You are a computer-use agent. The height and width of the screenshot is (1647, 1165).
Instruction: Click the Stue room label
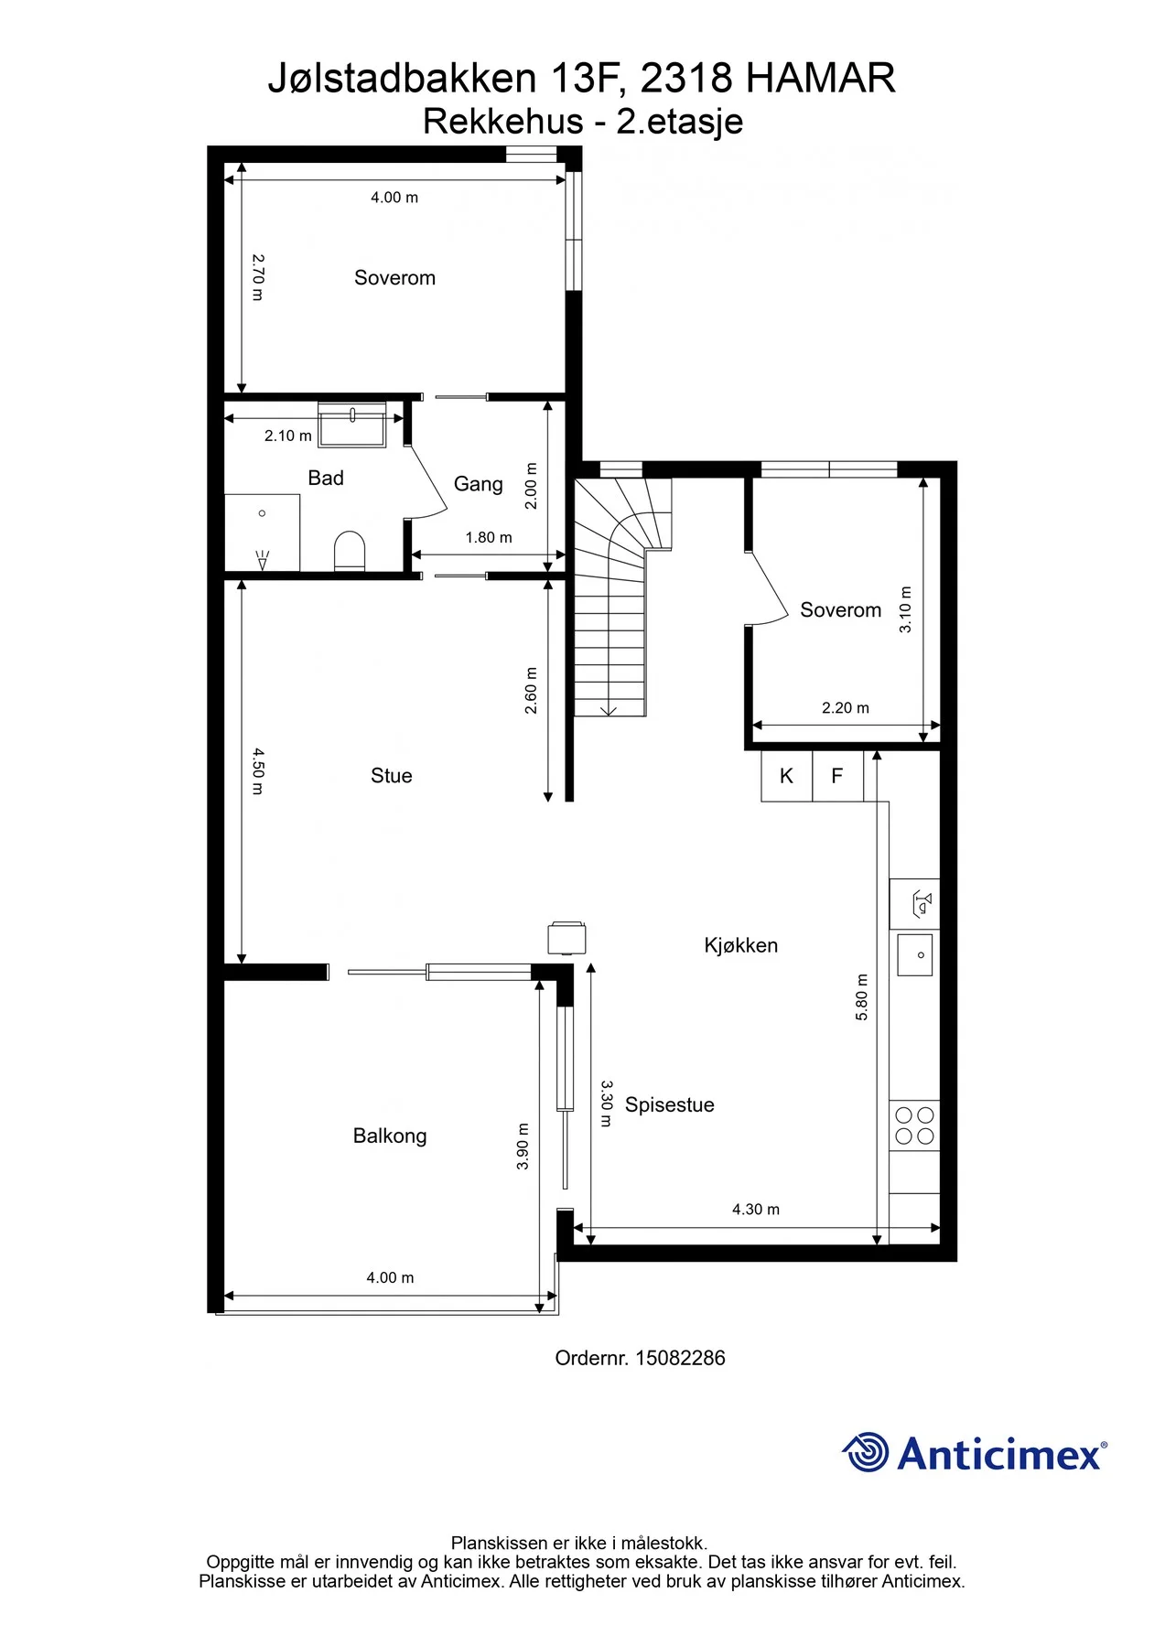(x=391, y=776)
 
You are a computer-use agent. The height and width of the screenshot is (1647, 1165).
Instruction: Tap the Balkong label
(x=390, y=1136)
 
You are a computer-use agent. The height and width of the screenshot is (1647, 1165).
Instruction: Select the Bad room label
(x=326, y=478)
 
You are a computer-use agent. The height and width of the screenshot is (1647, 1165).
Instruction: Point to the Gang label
(x=479, y=484)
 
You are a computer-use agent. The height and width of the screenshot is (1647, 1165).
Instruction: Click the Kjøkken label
(x=741, y=945)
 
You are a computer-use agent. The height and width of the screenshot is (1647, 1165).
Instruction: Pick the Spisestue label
(x=670, y=1104)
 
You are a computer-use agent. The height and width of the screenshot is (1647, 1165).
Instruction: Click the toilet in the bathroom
(x=350, y=551)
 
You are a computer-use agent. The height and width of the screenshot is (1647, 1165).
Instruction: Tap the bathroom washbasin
(x=352, y=425)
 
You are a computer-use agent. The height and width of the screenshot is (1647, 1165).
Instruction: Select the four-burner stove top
(x=915, y=1125)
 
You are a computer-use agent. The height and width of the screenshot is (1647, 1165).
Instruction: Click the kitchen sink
(x=915, y=954)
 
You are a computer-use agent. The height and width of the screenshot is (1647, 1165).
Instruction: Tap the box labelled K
(x=786, y=776)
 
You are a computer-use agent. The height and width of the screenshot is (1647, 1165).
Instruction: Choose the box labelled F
(x=837, y=776)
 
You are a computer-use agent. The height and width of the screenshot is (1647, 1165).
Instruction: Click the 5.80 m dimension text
(x=861, y=997)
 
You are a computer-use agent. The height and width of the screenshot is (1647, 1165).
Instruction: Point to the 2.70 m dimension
(x=258, y=277)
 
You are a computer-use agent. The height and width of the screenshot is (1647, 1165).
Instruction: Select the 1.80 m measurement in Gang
(x=489, y=537)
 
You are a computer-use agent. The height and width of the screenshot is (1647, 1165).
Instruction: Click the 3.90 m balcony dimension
(x=523, y=1146)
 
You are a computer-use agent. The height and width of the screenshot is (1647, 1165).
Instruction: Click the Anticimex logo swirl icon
(x=866, y=1452)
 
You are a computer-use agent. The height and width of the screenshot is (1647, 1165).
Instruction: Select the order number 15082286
(x=680, y=1358)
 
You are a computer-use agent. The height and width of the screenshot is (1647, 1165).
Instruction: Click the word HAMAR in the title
(x=821, y=79)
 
